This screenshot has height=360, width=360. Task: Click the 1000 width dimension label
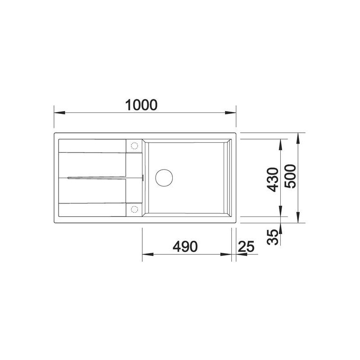[141, 105]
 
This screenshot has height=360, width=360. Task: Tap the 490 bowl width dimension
[185, 246]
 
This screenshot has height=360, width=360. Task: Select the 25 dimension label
[246, 247]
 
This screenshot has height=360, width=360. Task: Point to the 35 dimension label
[273, 237]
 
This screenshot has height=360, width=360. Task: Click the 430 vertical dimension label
[273, 180]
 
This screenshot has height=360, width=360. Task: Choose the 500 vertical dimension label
[290, 176]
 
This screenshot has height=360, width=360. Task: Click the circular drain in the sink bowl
[164, 178]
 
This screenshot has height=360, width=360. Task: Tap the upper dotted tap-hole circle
[134, 146]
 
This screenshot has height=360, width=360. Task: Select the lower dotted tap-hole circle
[134, 209]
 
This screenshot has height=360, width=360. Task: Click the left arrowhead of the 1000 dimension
[59, 113]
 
